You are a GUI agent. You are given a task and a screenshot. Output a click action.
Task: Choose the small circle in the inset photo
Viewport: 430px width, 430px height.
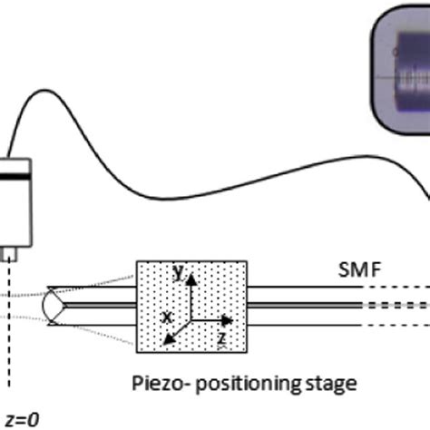pos(395,79)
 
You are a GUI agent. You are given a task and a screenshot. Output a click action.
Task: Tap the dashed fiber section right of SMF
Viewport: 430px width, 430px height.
pos(395,306)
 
